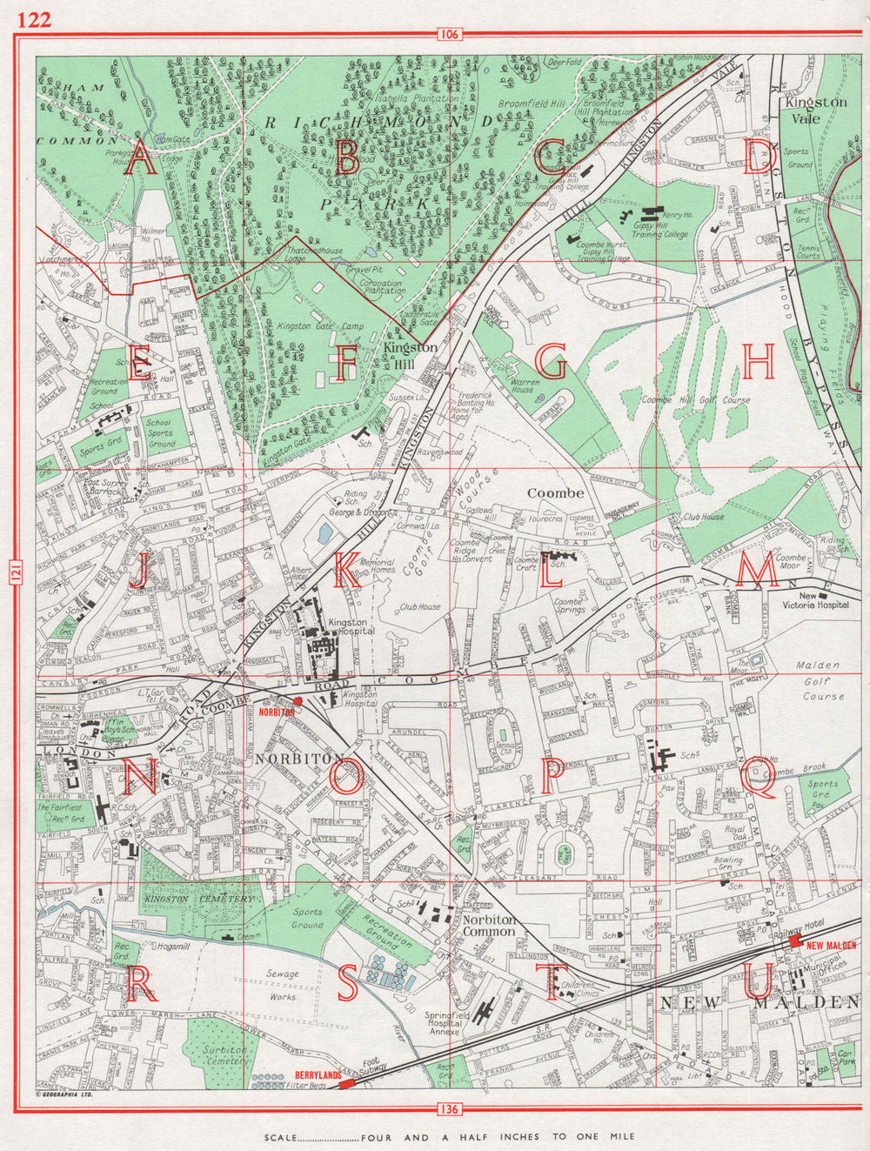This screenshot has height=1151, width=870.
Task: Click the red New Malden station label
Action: click(831, 947)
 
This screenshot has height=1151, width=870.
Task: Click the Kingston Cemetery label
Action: click(200, 899)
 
